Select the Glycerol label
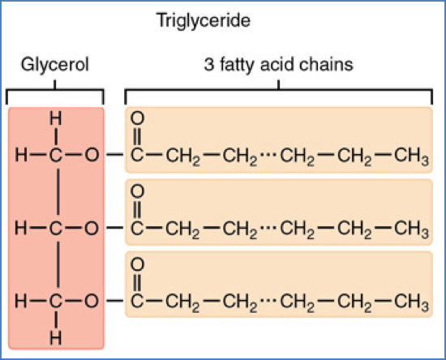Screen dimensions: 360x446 tap(54, 65)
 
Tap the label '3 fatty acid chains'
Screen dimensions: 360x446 tap(278, 65)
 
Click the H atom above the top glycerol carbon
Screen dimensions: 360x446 tap(54, 120)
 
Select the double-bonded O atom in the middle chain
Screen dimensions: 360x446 tap(137, 192)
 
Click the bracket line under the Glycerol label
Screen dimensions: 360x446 tap(54, 89)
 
